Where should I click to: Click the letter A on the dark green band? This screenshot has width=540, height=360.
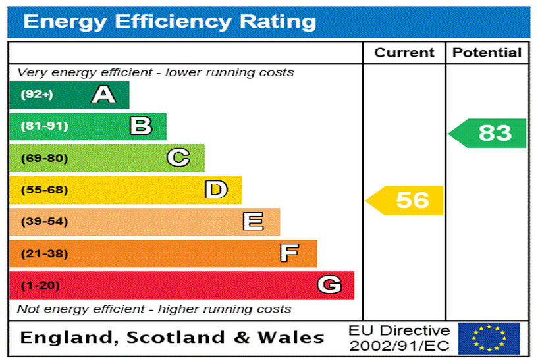(x=103, y=95)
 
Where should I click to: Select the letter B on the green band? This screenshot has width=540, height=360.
(x=141, y=126)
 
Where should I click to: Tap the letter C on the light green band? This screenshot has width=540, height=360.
(x=178, y=158)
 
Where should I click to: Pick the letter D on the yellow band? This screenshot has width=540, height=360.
(x=215, y=190)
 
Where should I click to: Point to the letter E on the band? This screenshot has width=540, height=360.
(x=253, y=222)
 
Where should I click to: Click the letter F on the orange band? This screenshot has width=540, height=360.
(x=289, y=253)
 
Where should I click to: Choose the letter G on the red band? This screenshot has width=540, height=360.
(x=329, y=285)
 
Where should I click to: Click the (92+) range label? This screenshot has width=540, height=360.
(x=36, y=95)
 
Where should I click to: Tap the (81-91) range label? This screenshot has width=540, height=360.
(x=44, y=126)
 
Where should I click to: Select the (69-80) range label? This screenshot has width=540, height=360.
(x=44, y=158)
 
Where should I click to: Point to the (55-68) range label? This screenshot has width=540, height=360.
(x=44, y=190)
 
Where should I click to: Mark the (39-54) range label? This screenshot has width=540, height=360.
(x=44, y=222)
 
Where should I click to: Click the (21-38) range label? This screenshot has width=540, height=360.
(x=44, y=253)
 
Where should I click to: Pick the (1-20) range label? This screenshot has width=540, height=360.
(x=40, y=286)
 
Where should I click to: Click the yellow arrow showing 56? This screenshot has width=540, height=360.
(x=406, y=200)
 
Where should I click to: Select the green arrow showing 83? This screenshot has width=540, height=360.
(x=489, y=133)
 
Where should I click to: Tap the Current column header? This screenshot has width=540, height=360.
(x=404, y=53)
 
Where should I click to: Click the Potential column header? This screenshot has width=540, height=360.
(x=487, y=53)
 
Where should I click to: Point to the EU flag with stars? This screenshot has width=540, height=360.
(x=489, y=338)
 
